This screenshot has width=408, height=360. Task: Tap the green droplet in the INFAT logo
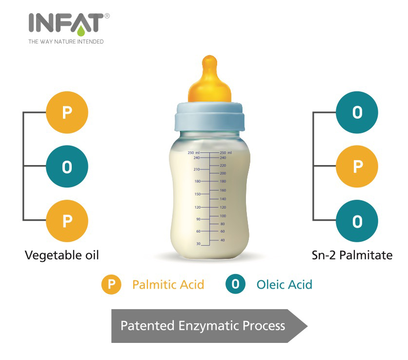coord(81,30)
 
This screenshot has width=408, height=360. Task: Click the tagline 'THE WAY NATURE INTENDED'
coord(66,42)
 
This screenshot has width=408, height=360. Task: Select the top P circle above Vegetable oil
coord(67,112)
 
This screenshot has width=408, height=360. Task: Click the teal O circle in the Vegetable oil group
coord(67,167)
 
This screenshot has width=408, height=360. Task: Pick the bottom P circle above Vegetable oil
coord(67,221)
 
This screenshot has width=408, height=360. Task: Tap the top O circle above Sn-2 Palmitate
coord(357,112)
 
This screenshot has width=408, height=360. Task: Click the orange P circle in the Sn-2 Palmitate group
coord(357,167)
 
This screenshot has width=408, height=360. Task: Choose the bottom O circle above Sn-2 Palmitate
coord(357,221)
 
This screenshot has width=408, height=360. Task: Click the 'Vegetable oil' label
coord(61,255)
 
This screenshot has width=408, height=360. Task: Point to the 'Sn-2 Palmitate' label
coord(352,255)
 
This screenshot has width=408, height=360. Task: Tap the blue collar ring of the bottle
coord(209,117)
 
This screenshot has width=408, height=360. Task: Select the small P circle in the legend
coord(111,284)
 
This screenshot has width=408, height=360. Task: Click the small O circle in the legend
coord(236,284)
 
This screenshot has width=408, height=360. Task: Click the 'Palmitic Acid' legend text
coord(168,284)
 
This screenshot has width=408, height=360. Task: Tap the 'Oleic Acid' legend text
coord(285,284)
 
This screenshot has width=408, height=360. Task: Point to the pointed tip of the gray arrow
coord(307,326)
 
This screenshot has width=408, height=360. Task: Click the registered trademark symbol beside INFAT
coord(107,16)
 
